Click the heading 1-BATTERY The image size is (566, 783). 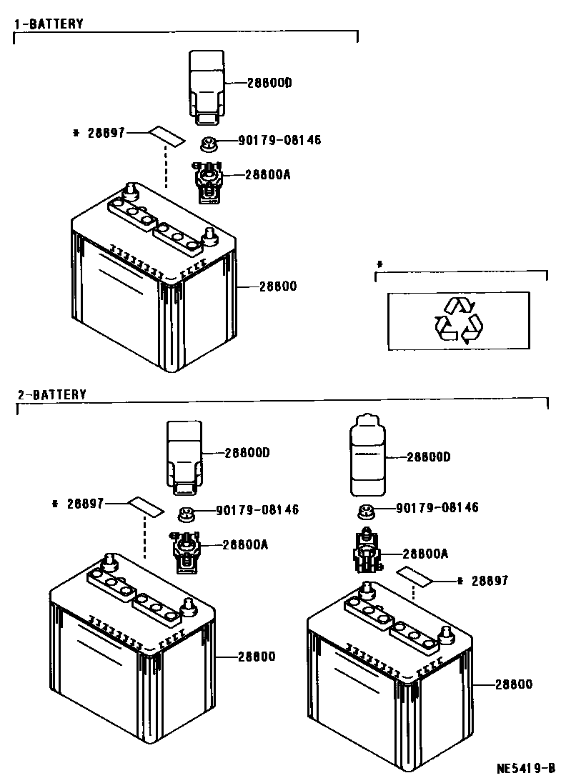(49, 24)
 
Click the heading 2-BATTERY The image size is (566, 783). (51, 394)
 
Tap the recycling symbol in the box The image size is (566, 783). (458, 321)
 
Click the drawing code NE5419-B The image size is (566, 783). (526, 769)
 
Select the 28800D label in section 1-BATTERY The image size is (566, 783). (269, 83)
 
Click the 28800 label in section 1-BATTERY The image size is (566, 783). (277, 286)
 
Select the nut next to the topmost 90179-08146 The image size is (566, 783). (209, 144)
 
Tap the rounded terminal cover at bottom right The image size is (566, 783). (367, 457)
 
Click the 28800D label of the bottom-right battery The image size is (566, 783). (428, 457)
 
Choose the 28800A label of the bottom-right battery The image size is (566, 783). (425, 553)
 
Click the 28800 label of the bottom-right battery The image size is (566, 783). (513, 684)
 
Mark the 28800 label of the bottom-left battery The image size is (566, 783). (255, 657)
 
